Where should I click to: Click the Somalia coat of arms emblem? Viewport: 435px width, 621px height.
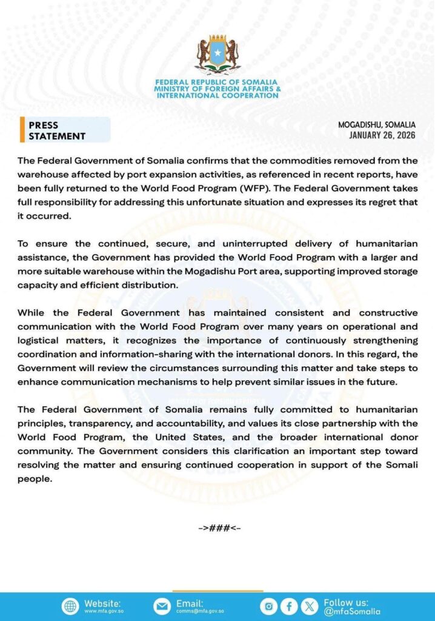(x=217, y=56)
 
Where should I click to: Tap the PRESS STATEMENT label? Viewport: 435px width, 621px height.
(x=57, y=130)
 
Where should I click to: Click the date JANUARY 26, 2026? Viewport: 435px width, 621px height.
(x=382, y=135)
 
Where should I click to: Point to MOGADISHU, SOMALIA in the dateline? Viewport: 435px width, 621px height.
(x=377, y=124)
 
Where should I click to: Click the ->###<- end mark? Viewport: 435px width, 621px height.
(x=219, y=528)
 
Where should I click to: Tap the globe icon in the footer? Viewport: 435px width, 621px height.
(x=70, y=606)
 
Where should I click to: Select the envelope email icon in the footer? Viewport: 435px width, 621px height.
(x=162, y=606)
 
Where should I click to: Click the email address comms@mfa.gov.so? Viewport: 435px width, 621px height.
(x=200, y=611)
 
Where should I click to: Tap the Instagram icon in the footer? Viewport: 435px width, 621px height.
(x=269, y=606)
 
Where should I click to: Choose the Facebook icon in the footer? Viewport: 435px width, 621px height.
(x=290, y=606)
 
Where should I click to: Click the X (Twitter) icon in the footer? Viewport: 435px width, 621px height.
(x=310, y=606)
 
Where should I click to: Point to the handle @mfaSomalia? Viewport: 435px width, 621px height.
(x=353, y=611)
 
